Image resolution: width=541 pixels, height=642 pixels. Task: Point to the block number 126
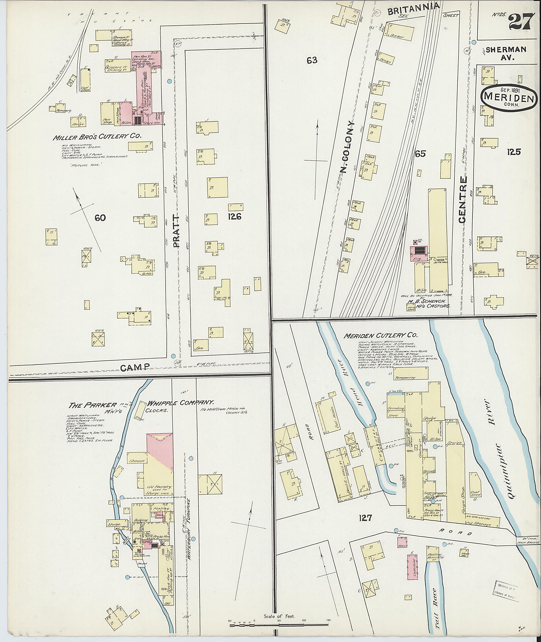click(235, 217)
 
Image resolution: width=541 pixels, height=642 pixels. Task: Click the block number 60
click(100, 218)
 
